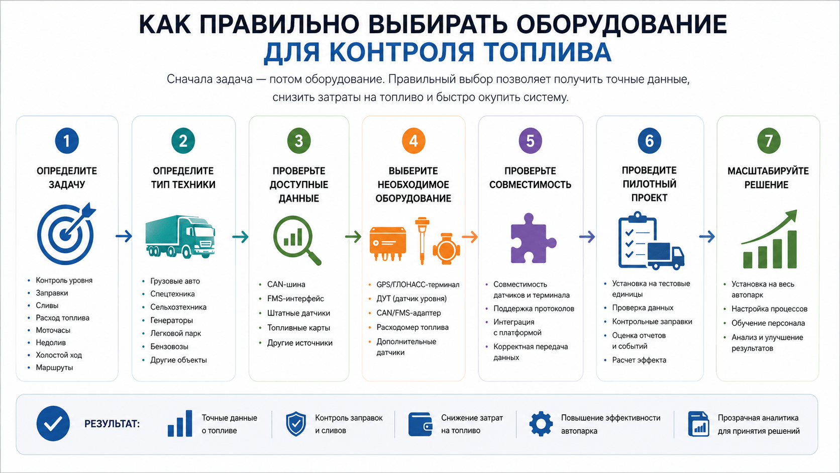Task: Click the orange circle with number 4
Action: [x=413, y=141]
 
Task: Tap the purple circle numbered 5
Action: [x=530, y=141]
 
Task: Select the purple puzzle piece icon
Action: [x=533, y=238]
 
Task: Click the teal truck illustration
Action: [x=180, y=237]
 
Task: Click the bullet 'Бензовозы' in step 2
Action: [x=169, y=347]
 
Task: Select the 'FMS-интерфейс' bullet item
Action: [x=295, y=299]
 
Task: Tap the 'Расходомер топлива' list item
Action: [x=412, y=327]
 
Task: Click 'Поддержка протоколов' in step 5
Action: [x=534, y=309]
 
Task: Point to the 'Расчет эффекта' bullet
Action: [x=639, y=360]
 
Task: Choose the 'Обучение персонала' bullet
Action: [x=768, y=323]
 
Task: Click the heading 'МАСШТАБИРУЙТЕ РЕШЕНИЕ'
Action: [x=768, y=178]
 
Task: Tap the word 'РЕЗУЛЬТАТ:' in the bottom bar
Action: [x=112, y=424]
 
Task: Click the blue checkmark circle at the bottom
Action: [x=53, y=423]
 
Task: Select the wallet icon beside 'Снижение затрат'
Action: [x=420, y=424]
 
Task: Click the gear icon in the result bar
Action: [x=541, y=424]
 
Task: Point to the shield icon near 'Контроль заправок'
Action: [x=296, y=424]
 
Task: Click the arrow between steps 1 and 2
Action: [x=124, y=236]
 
